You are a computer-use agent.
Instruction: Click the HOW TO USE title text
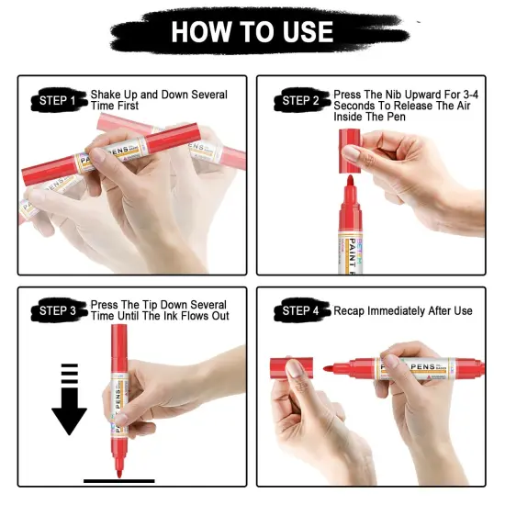pyautogui.click(x=252, y=32)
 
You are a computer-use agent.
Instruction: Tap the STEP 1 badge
pyautogui.click(x=59, y=100)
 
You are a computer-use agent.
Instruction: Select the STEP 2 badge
pyautogui.click(x=302, y=100)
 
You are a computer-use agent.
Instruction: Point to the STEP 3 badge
pyautogui.click(x=59, y=310)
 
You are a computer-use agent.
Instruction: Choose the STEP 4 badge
pyautogui.click(x=302, y=310)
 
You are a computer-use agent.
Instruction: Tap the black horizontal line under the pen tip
pyautogui.click(x=119, y=481)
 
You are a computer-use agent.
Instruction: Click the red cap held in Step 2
pyautogui.click(x=350, y=151)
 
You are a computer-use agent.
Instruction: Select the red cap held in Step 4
pyautogui.click(x=291, y=368)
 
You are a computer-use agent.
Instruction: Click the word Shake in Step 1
pyautogui.click(x=106, y=95)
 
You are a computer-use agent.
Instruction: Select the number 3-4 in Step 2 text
pyautogui.click(x=470, y=95)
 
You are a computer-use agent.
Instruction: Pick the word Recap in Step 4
pyautogui.click(x=349, y=311)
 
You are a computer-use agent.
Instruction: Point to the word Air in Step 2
pyautogui.click(x=463, y=106)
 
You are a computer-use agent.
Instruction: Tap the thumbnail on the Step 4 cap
pyautogui.click(x=294, y=369)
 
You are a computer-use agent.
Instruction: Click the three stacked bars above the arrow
pyautogui.click(x=70, y=374)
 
